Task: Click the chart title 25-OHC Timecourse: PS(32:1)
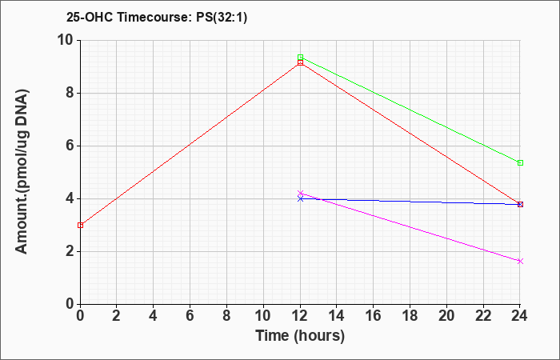[157, 18]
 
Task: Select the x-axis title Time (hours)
[300, 336]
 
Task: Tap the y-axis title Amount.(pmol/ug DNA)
[22, 172]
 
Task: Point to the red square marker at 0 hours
[80, 225]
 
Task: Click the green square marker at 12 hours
[300, 58]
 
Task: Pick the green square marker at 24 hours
[520, 163]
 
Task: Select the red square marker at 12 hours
[300, 62]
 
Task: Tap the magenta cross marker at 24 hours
[520, 261]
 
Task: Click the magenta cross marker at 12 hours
[300, 194]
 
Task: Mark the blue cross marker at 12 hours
[300, 199]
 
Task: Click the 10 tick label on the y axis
[66, 40]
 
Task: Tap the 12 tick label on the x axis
[300, 316]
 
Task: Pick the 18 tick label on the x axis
[410, 316]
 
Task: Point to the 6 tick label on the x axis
[190, 316]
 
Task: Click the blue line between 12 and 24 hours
[410, 202]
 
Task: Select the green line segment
[410, 110]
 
